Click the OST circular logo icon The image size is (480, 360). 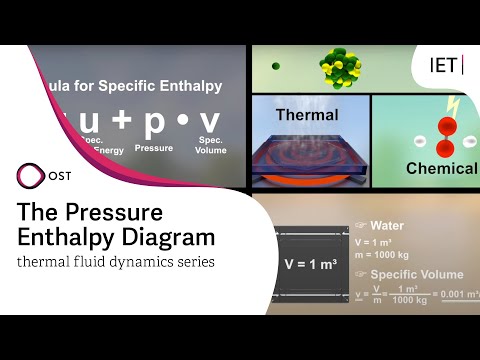(31, 176)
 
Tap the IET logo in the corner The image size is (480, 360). (446, 65)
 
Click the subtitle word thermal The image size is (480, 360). (44, 262)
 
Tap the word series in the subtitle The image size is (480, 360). (189, 262)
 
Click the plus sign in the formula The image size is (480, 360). (122, 121)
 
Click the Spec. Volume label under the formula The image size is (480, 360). (211, 145)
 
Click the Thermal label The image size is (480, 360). (307, 115)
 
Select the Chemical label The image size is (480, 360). (441, 169)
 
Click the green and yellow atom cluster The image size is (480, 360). (340, 66)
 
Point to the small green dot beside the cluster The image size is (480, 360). (276, 66)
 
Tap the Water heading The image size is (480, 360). (386, 225)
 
